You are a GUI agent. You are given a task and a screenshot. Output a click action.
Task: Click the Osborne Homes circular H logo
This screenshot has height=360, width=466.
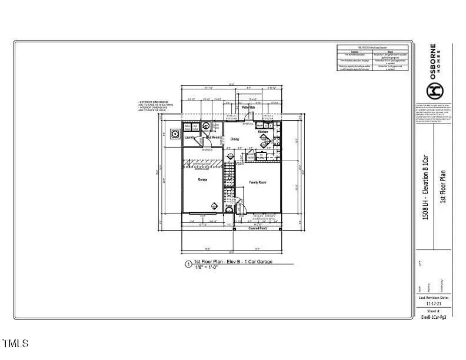tap(435, 90)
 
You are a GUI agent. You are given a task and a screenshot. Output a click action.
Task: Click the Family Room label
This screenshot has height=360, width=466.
tap(258, 182)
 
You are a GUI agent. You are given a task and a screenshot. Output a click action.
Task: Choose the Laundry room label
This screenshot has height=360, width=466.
tap(190, 138)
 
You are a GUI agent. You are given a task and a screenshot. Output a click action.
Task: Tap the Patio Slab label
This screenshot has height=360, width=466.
tap(248, 108)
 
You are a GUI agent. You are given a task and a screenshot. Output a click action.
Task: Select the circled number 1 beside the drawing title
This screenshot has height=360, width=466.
tap(188, 264)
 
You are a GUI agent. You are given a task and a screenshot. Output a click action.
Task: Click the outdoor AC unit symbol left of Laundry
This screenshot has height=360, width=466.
tap(175, 134)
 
